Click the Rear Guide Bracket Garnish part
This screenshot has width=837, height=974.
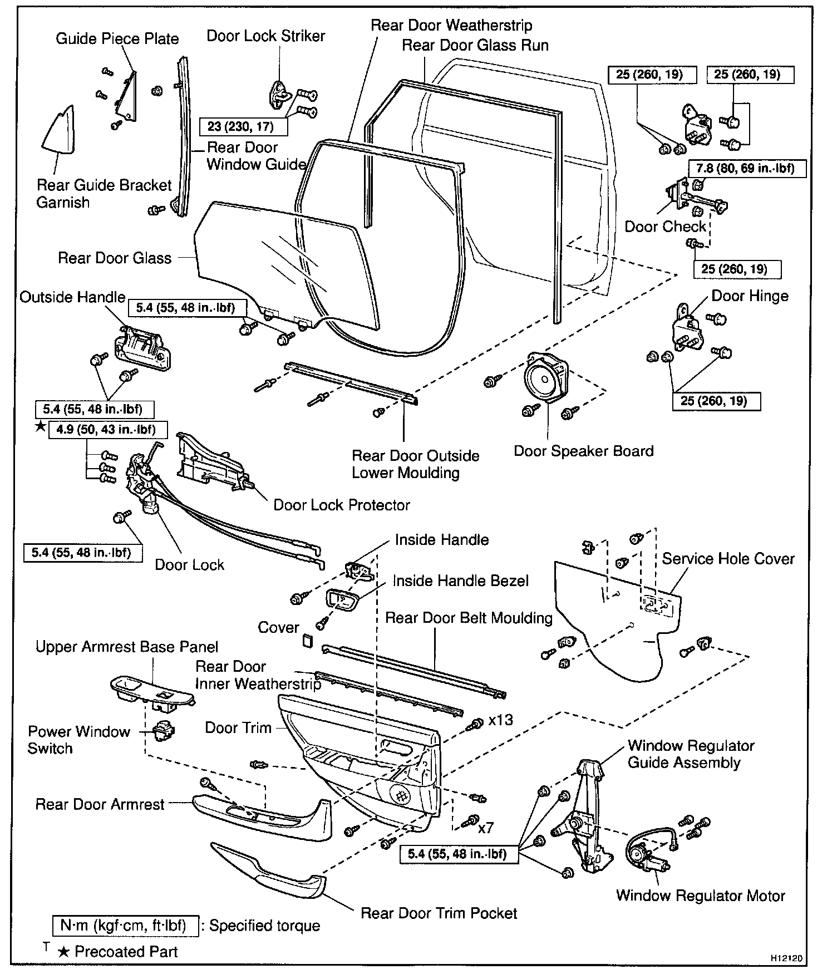[x=58, y=131]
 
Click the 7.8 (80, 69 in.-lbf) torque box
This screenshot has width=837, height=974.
[x=747, y=168]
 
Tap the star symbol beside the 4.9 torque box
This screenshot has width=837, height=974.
[x=40, y=427]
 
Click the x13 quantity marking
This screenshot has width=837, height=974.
[x=500, y=720]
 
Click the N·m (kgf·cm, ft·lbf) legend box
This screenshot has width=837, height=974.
[x=127, y=926]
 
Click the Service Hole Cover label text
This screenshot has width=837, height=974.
[x=728, y=559]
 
